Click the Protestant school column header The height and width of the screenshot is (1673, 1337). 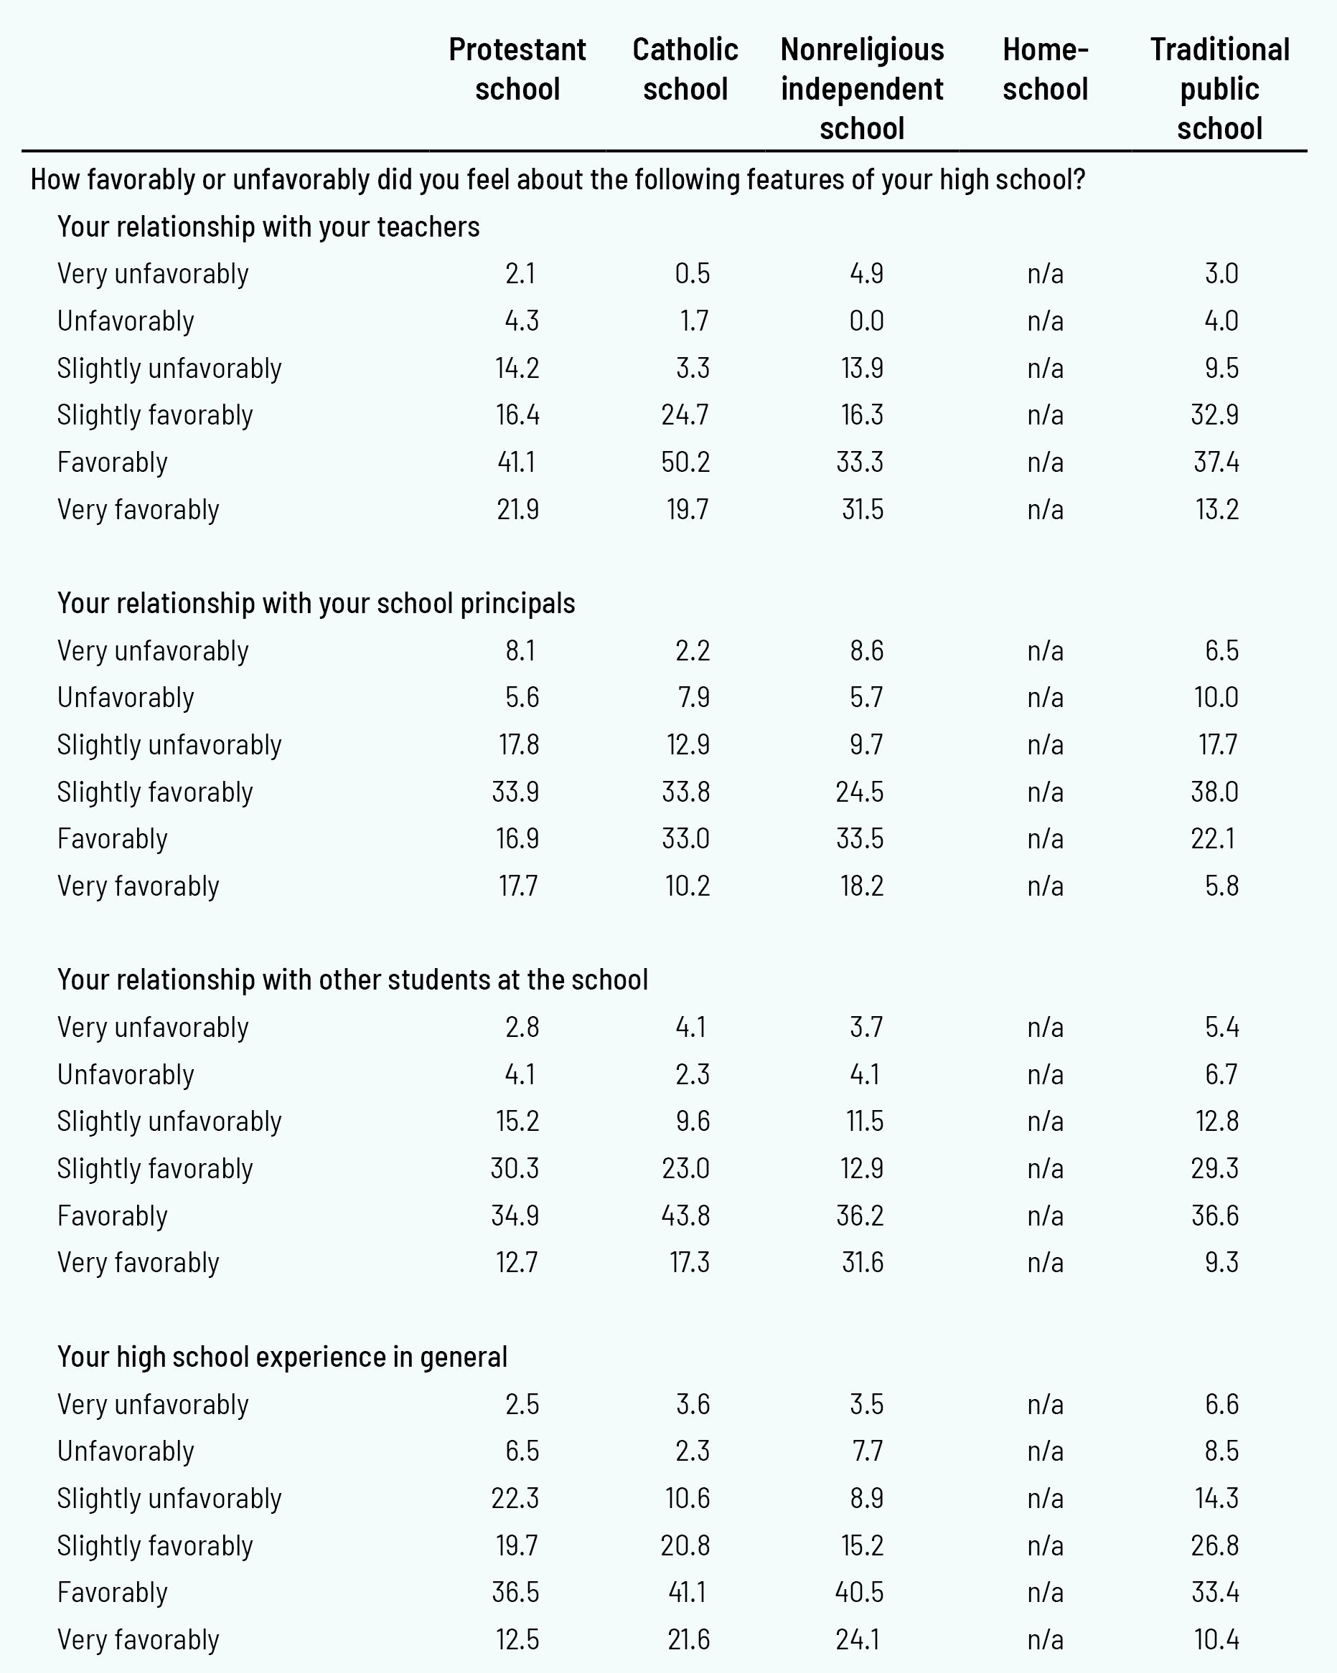(x=517, y=69)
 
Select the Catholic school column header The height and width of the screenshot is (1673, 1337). (x=685, y=69)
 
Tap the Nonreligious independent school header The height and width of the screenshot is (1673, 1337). (x=862, y=88)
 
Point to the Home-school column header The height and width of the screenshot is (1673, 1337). (x=1045, y=69)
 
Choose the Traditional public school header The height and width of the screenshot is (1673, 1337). (x=1219, y=88)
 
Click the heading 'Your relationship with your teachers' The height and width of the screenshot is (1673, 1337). (x=268, y=227)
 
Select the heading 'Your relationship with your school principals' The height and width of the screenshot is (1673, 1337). (x=316, y=603)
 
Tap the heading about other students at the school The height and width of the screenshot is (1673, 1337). (x=352, y=980)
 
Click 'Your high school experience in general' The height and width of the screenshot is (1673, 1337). (x=283, y=1357)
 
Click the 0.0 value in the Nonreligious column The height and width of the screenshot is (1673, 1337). (x=866, y=321)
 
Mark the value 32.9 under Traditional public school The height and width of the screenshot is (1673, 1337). (x=1215, y=415)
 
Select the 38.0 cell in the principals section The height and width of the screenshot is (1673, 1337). (x=1215, y=792)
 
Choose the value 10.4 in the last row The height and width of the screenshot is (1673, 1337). (x=1216, y=1639)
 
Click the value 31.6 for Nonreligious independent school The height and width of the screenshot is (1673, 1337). (x=862, y=1263)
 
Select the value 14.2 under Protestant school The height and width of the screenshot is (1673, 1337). (x=517, y=368)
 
